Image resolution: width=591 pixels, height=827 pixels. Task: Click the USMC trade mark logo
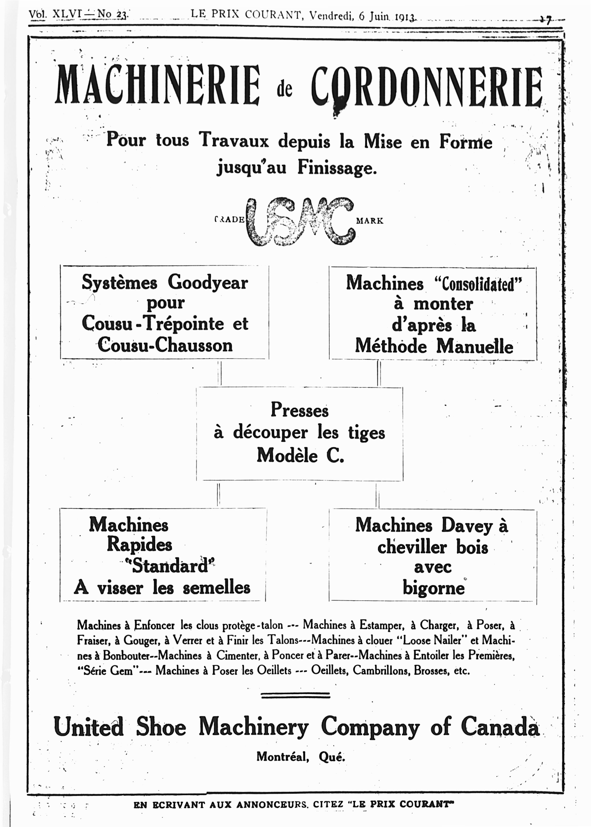(300, 221)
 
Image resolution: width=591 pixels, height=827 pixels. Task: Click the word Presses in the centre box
(300, 410)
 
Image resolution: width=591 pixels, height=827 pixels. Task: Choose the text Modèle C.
(300, 455)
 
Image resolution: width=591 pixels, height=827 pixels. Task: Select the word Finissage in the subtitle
(337, 168)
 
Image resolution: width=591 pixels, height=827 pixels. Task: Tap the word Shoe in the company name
(161, 727)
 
